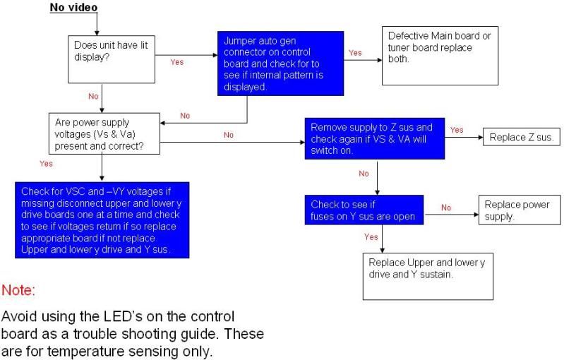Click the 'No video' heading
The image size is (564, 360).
tap(73, 8)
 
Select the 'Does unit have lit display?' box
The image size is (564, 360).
tap(112, 59)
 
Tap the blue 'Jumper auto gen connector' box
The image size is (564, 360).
tap(280, 64)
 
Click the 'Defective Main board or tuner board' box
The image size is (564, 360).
tap(440, 56)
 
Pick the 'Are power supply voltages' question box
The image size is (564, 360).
tap(104, 134)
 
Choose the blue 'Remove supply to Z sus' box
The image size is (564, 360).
tap(374, 138)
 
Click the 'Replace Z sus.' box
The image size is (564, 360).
tap(521, 137)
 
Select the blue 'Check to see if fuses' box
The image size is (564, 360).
tap(364, 210)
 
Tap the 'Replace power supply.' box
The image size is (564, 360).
tap(520, 210)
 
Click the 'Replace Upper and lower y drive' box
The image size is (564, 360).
tap(428, 277)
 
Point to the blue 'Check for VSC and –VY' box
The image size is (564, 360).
tap(102, 220)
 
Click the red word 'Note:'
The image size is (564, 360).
tap(18, 290)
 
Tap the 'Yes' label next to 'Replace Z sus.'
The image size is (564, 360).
tap(457, 130)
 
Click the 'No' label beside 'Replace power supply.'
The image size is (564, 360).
tap(446, 208)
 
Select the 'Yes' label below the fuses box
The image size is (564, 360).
tap(371, 237)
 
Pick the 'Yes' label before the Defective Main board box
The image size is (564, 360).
tap(355, 53)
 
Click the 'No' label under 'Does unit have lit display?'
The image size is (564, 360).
tap(93, 97)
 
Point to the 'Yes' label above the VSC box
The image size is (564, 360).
tap(46, 164)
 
